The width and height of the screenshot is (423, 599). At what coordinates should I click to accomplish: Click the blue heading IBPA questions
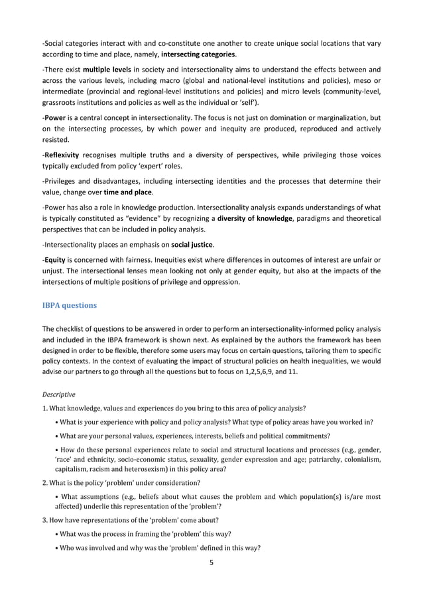pyautogui.click(x=70, y=305)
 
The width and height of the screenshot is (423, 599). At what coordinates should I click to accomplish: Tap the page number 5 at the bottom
pyautogui.click(x=211, y=563)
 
